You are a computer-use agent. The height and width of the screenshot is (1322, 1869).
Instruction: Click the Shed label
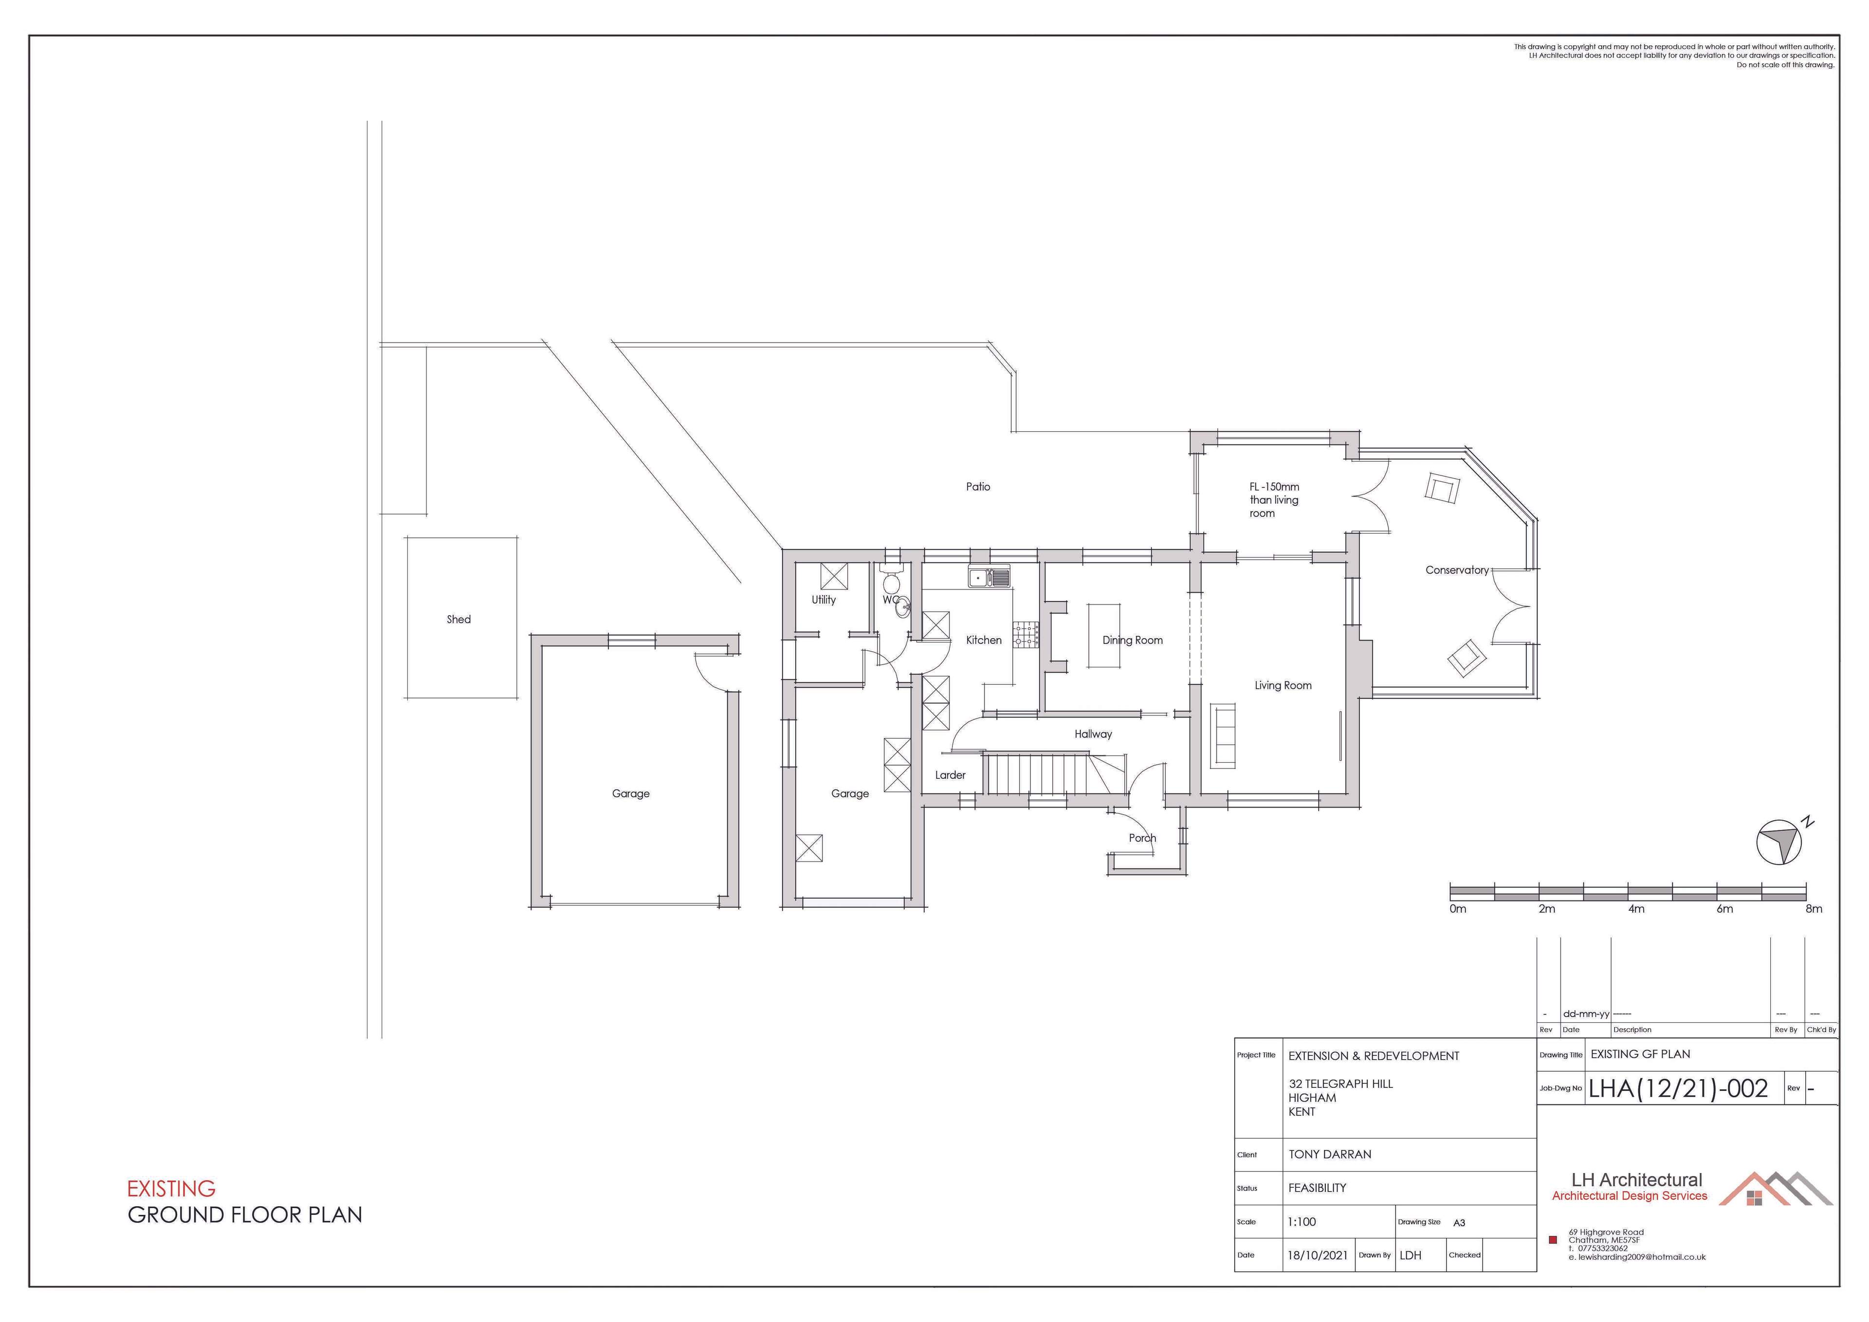[458, 620]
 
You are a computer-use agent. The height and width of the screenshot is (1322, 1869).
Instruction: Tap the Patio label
[978, 487]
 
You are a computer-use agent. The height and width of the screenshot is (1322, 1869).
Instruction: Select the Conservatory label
[1456, 570]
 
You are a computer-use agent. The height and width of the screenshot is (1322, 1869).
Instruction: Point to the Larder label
[950, 775]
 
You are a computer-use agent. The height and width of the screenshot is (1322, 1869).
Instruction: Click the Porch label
[1142, 838]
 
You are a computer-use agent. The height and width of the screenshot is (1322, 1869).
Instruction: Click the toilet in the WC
[891, 580]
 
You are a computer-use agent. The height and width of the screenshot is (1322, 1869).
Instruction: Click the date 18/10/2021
[1317, 1255]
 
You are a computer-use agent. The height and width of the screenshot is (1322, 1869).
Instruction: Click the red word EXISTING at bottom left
[171, 1189]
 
